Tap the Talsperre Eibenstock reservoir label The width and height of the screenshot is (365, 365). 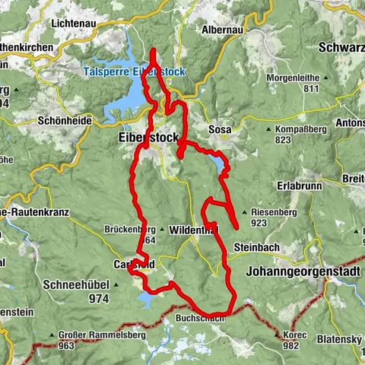click(x=133, y=72)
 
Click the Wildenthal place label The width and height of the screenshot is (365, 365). click(x=194, y=230)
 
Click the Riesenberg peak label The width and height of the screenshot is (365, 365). click(x=272, y=213)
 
